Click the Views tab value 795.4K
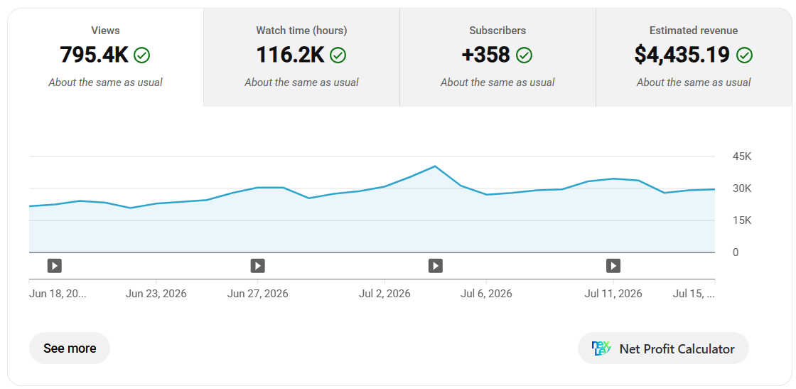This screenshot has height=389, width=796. (94, 55)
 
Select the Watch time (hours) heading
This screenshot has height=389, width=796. (301, 31)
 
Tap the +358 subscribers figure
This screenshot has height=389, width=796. (486, 55)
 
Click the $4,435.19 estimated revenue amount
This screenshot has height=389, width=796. (682, 55)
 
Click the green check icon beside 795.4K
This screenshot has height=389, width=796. (141, 55)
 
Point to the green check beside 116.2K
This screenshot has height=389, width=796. (338, 55)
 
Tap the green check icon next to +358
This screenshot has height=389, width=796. (524, 55)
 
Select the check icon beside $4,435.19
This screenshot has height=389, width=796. (744, 55)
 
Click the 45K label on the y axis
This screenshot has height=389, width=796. (742, 156)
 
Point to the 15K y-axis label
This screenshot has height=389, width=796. (742, 220)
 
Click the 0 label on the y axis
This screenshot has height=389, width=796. (736, 252)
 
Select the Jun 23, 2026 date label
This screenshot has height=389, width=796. (156, 294)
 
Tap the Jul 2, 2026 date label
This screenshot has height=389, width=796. (384, 294)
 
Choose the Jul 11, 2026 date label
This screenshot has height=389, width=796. (613, 294)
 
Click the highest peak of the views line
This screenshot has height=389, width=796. (435, 166)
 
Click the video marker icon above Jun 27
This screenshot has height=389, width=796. (258, 265)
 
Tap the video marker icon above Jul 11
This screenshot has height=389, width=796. (613, 265)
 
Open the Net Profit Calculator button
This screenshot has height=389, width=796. (663, 348)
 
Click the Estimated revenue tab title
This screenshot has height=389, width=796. (694, 31)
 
